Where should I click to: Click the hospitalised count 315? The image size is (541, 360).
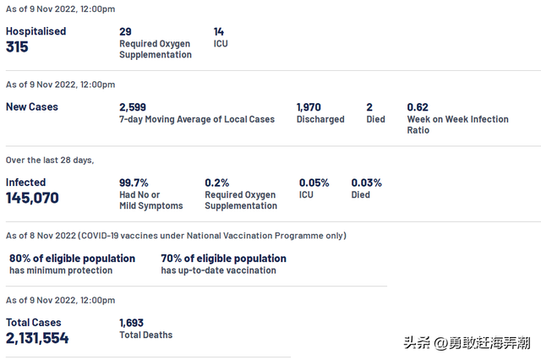[17, 47]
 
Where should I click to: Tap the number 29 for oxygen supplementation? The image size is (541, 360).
[125, 31]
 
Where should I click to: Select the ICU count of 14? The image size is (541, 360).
[219, 31]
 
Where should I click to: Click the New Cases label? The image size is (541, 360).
[32, 107]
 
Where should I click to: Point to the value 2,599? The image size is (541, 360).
[134, 107]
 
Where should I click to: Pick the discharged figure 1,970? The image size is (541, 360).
[310, 107]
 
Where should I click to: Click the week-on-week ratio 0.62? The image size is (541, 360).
[418, 107]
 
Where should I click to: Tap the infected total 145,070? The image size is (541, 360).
[33, 199]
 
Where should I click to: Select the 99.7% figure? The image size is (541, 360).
[134, 183]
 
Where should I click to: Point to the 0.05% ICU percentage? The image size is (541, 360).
[314, 183]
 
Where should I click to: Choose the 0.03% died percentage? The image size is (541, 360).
[367, 183]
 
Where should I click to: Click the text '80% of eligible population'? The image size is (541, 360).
[72, 259]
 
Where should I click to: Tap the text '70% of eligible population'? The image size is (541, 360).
[224, 259]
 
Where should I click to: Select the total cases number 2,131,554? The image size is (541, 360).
[37, 338]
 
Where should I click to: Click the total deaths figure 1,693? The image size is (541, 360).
[132, 322]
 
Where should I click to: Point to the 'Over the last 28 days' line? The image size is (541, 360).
[50, 160]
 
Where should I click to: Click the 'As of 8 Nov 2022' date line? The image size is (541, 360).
[176, 236]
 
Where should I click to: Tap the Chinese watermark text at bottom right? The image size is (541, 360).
[467, 343]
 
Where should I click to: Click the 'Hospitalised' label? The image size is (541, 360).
[36, 31]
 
